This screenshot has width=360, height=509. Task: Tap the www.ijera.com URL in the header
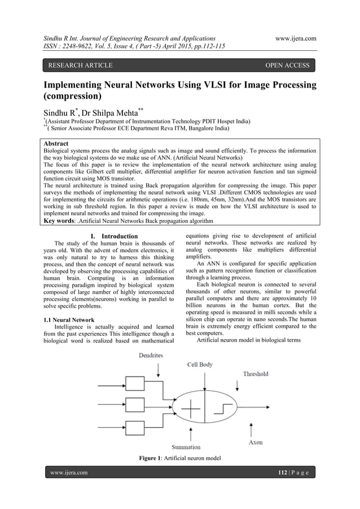click(x=295, y=38)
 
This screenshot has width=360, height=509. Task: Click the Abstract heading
click(x=60, y=144)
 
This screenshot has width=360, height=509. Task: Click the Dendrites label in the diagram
click(x=150, y=356)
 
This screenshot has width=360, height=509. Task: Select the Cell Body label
click(x=200, y=365)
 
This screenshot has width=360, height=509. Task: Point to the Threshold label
click(x=255, y=374)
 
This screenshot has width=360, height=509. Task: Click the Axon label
click(x=255, y=442)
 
